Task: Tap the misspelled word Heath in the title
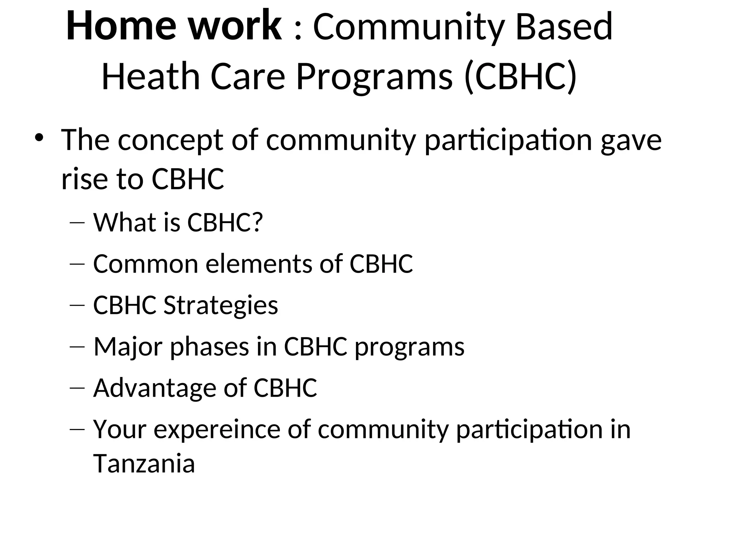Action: point(150,76)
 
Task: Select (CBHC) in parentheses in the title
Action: point(520,76)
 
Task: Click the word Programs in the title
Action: point(374,76)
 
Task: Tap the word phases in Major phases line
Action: point(209,347)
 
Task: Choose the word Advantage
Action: point(154,388)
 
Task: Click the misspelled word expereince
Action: point(217,429)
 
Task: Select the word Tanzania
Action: point(144,464)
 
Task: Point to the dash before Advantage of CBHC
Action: point(76,388)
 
